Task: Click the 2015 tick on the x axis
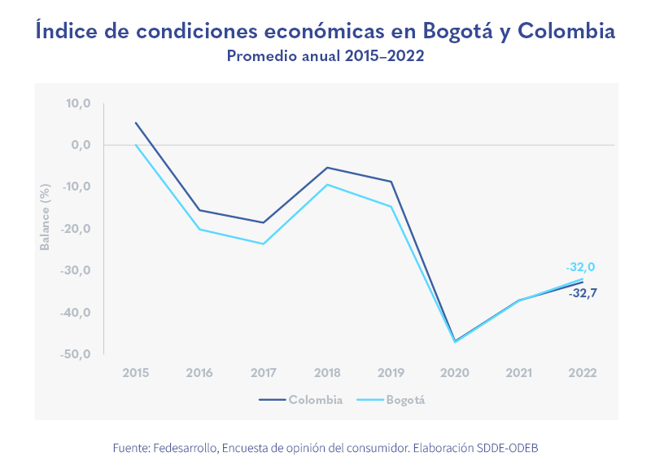[x=135, y=372]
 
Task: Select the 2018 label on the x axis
[x=327, y=372]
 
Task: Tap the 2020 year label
[x=455, y=372]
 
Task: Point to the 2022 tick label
[x=583, y=372]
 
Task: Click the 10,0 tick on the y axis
[x=79, y=103]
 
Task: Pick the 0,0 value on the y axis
[x=81, y=145]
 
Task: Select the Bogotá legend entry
[x=405, y=400]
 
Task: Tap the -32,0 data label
[x=580, y=267]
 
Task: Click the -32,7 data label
[x=583, y=293]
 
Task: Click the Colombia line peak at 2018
[x=327, y=168]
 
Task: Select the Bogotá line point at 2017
[x=263, y=244]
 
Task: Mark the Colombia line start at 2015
[x=135, y=123]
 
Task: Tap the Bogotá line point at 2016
[x=199, y=229]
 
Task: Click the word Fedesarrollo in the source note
[x=185, y=449]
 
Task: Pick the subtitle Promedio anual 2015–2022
[x=325, y=56]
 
